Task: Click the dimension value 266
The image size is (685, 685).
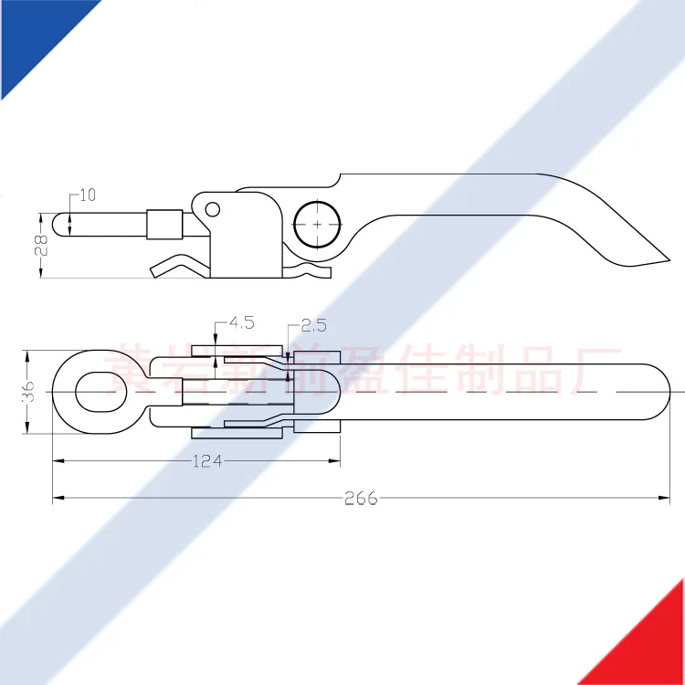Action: click(361, 498)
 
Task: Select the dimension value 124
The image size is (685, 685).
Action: click(207, 461)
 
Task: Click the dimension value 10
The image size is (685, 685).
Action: click(88, 195)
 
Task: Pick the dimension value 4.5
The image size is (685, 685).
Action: click(241, 322)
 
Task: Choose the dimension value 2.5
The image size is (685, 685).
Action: click(312, 325)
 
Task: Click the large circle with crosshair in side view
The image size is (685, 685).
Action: click(317, 224)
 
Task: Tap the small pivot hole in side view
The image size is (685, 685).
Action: click(212, 209)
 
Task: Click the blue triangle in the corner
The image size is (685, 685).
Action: click(37, 37)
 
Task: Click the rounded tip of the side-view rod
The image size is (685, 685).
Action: click(60, 224)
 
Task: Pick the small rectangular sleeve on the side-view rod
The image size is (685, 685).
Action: click(163, 224)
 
